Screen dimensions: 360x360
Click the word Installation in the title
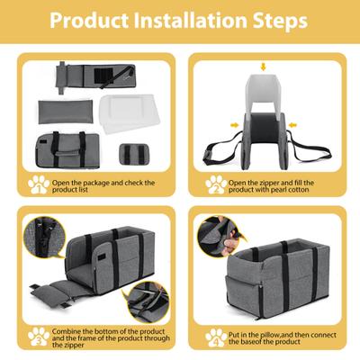tap(179, 20)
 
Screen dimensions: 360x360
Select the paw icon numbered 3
tap(37, 337)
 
